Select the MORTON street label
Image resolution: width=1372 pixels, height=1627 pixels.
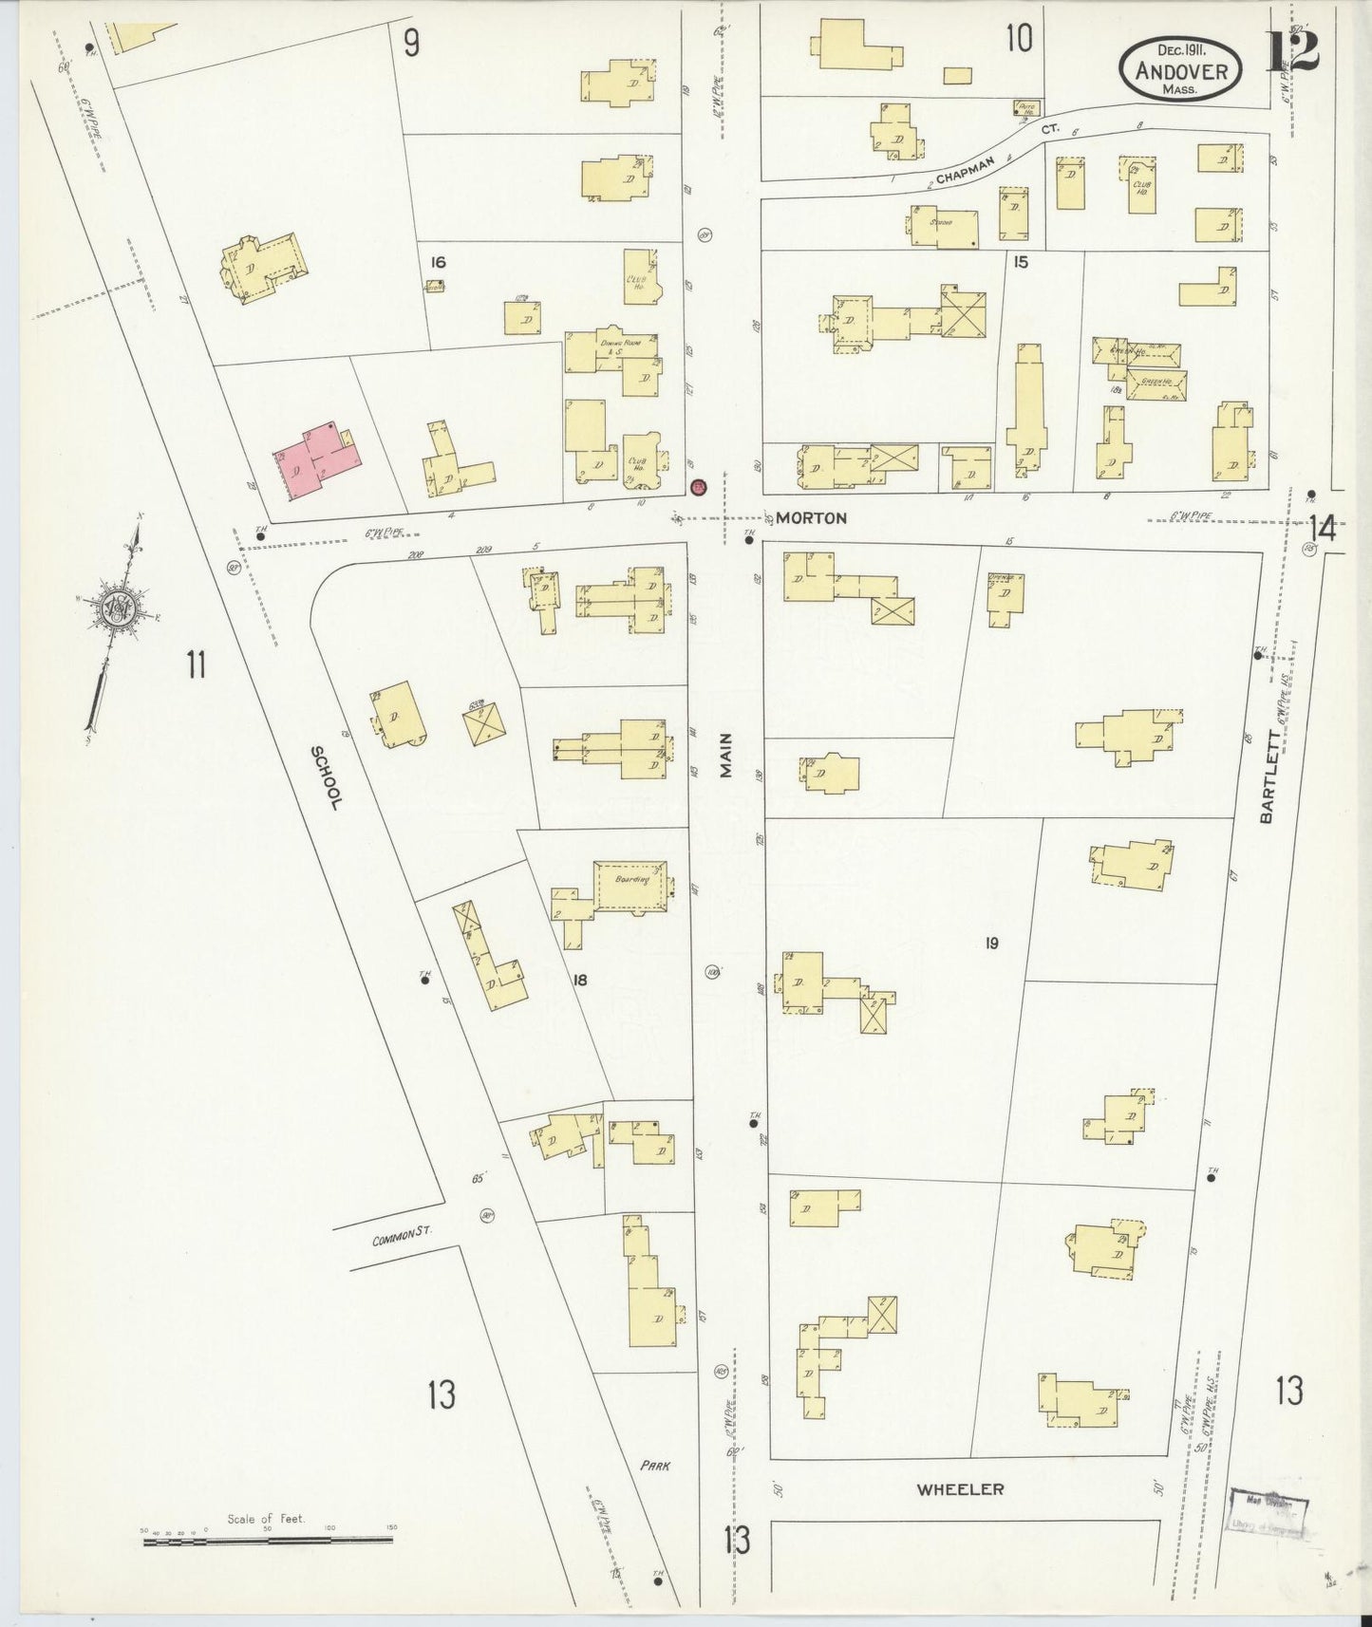tap(811, 518)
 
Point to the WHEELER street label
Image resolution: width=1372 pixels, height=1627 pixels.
tap(959, 1488)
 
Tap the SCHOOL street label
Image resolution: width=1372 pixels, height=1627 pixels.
tap(327, 776)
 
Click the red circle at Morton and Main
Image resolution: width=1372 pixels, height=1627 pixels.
tap(698, 487)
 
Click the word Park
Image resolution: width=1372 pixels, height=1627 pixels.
tap(654, 1465)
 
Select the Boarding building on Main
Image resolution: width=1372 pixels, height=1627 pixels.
tap(630, 888)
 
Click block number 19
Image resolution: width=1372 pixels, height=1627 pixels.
tap(991, 943)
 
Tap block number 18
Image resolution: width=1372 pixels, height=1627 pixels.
tap(580, 979)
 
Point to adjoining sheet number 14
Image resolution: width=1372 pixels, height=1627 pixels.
tap(1322, 527)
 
